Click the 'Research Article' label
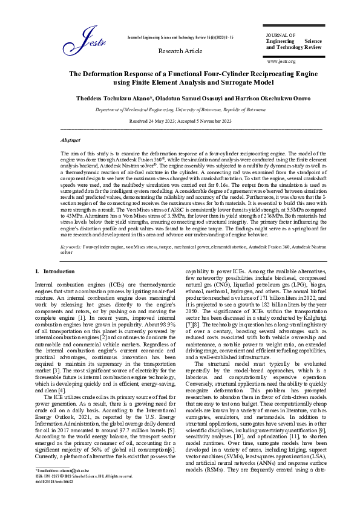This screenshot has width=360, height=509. (180, 51)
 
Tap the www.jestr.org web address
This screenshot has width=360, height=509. (281, 61)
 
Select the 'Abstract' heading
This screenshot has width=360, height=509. (71, 139)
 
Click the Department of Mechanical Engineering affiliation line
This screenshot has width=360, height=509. (180, 110)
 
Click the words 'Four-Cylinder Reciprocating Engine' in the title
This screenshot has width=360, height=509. (239, 73)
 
